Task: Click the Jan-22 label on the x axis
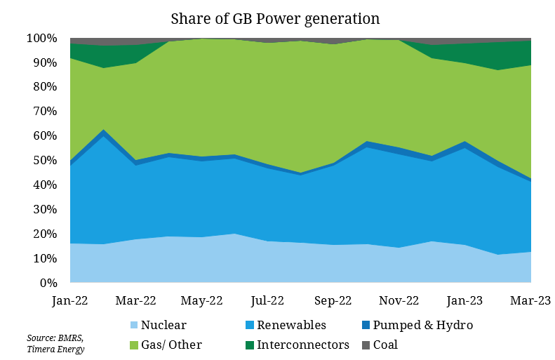(70, 301)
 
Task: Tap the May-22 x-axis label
(201, 301)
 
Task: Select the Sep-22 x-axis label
(333, 301)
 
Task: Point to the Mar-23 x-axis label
(529, 301)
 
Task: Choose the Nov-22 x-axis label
(399, 301)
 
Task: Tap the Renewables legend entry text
(291, 326)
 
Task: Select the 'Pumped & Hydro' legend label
(423, 326)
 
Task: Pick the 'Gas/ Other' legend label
(171, 345)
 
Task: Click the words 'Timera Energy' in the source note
(55, 349)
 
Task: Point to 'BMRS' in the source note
(70, 338)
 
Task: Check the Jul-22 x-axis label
(267, 301)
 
